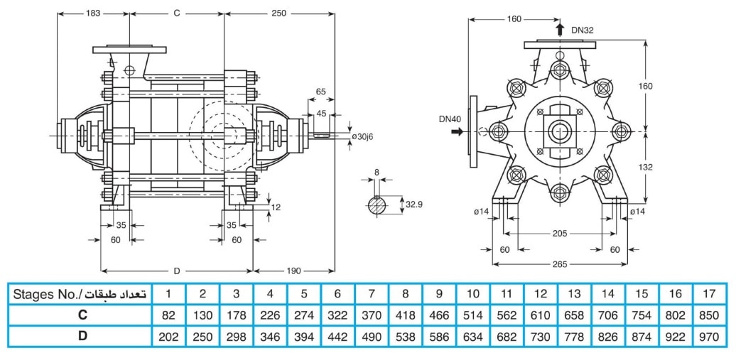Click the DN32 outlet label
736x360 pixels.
[x=582, y=31]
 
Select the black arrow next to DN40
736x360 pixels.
[x=457, y=132]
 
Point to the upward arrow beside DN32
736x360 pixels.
[x=560, y=29]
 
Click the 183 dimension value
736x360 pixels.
[x=93, y=13]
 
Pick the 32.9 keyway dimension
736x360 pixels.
[x=413, y=204]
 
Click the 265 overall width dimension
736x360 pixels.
[x=560, y=263]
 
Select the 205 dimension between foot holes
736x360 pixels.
[x=560, y=234]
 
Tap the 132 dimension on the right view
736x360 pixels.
[x=646, y=167]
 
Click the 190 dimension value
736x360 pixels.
[x=293, y=271]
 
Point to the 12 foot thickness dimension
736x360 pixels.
[x=276, y=207]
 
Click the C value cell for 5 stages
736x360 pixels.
[x=304, y=315]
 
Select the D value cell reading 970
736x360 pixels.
[x=709, y=337]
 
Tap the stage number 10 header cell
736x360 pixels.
[x=473, y=294]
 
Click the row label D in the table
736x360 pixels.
[x=80, y=337]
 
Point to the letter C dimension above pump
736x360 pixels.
[x=176, y=13]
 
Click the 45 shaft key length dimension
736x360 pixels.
[x=321, y=113]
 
